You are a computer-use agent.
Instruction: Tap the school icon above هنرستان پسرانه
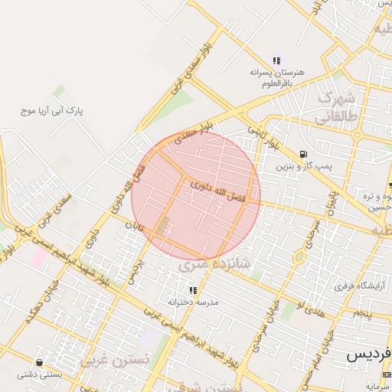276,60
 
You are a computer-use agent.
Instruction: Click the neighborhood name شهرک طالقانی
338,107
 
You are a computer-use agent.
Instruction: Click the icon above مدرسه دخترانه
193,290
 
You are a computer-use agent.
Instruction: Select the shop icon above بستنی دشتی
39,361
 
